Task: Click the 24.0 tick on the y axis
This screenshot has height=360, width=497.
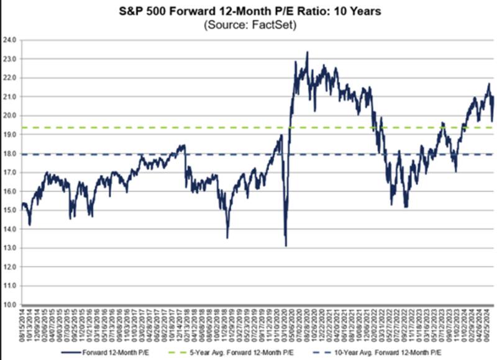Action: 11,39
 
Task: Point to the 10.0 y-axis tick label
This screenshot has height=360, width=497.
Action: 11,305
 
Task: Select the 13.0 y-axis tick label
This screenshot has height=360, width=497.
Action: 11,248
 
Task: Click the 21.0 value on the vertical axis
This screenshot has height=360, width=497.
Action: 11,96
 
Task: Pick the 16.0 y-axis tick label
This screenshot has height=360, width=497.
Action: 11,191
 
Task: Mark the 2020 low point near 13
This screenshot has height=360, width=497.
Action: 286,246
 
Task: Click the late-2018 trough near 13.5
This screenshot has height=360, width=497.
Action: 227,237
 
